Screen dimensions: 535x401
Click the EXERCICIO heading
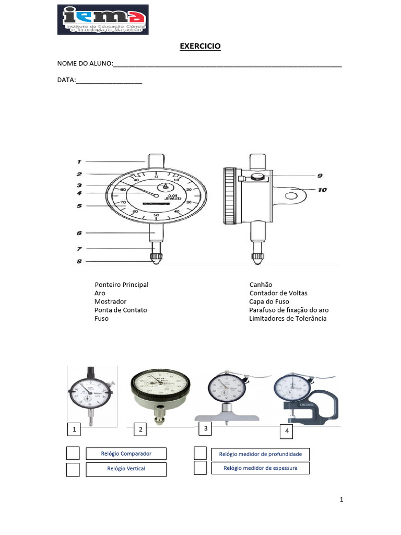[200, 46]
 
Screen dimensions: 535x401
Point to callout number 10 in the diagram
[322, 190]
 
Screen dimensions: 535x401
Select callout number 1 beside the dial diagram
[79, 161]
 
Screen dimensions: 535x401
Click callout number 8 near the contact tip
[79, 261]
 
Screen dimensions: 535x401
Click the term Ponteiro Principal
[122, 285]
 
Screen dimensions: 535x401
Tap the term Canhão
[261, 285]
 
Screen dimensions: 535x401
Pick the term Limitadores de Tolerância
[288, 318]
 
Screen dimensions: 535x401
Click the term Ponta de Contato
[121, 310]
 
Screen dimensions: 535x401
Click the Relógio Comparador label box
[126, 453]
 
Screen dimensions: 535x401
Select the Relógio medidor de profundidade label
[260, 454]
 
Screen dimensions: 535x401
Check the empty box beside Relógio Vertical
[73, 470]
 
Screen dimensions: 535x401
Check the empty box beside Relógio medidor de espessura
[200, 468]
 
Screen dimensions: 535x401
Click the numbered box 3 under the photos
[206, 429]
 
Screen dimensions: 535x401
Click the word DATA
[66, 80]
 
